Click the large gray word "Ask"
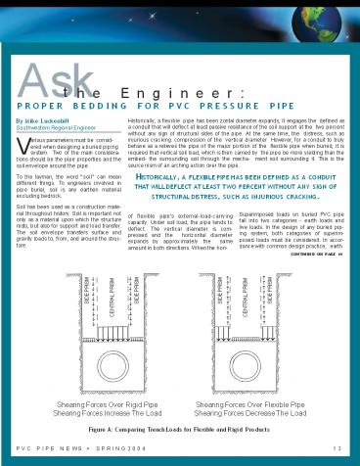(48, 81)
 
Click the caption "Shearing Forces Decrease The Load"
(253, 410)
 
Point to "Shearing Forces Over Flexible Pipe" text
(253, 402)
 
